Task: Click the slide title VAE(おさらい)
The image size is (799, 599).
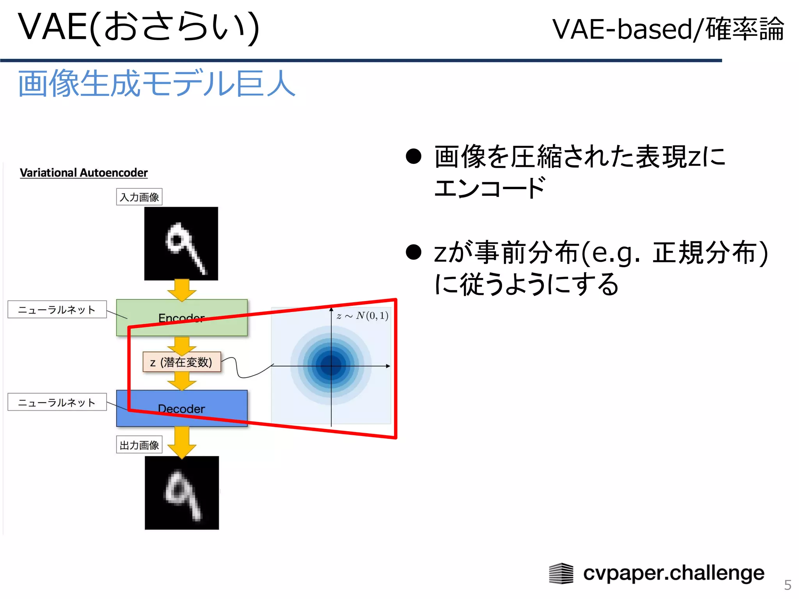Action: [138, 27]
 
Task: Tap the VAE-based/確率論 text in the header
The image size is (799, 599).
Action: [668, 29]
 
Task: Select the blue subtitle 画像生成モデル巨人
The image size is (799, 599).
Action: [156, 83]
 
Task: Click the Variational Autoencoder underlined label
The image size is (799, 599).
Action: [84, 173]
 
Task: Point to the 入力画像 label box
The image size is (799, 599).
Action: [139, 197]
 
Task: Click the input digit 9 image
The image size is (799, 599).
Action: [181, 244]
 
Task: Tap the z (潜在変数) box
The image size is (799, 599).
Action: [181, 362]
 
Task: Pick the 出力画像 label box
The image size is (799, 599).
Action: [139, 445]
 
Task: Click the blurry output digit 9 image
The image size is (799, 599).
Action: [182, 493]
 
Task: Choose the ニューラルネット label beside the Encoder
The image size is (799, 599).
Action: [57, 310]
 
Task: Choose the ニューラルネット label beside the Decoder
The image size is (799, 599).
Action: [57, 402]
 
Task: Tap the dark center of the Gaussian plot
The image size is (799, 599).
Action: [331, 365]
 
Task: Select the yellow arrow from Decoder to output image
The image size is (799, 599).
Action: [182, 442]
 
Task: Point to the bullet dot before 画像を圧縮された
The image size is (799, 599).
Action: [414, 156]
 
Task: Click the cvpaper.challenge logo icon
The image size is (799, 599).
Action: [561, 573]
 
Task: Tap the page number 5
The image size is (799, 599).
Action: [787, 585]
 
